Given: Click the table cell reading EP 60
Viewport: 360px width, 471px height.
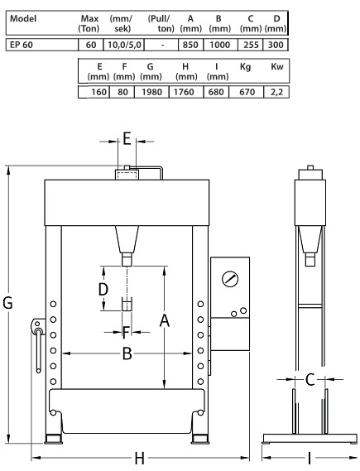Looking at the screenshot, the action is coord(22,45).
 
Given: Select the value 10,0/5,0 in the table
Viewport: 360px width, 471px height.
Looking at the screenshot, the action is coord(124,45).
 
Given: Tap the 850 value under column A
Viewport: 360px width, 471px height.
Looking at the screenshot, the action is coord(190,45).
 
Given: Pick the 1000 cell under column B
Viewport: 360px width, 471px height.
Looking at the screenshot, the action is coord(220,45).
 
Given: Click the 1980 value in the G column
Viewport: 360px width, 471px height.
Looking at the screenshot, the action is coord(152,92).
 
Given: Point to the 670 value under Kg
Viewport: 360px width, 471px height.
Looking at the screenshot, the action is coord(247,92).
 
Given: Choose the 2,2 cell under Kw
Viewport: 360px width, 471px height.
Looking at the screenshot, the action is coord(276,92).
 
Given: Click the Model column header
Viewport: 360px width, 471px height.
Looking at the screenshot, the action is coord(23,18).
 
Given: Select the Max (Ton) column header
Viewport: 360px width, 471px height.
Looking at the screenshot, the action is coord(89,23).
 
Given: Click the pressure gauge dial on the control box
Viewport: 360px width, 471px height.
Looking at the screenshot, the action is coord(230,279).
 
